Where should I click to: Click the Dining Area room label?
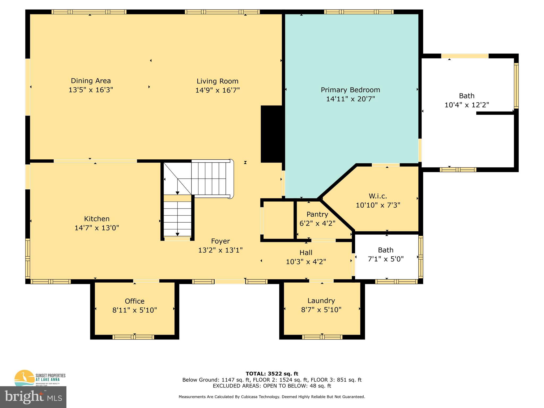coord(91,81)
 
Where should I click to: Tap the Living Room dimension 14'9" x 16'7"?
coord(217,90)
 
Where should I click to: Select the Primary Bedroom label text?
coord(350,90)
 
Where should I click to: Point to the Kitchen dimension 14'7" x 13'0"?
coord(97,228)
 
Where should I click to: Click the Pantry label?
coord(317,214)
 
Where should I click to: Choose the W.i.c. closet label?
coord(378,196)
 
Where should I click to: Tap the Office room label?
coord(135,301)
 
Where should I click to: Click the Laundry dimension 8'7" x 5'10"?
coord(321,310)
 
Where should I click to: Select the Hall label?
coord(306,252)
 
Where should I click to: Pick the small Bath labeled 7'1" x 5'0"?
coord(386,254)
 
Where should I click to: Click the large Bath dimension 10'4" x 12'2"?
coord(467,105)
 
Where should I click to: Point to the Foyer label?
coord(220,241)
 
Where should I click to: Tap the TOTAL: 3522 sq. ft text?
coord(272,374)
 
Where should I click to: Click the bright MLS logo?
coord(33,397)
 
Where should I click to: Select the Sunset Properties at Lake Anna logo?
coord(40,378)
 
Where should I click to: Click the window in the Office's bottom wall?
coord(133,337)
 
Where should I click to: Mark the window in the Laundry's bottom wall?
coord(322,337)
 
